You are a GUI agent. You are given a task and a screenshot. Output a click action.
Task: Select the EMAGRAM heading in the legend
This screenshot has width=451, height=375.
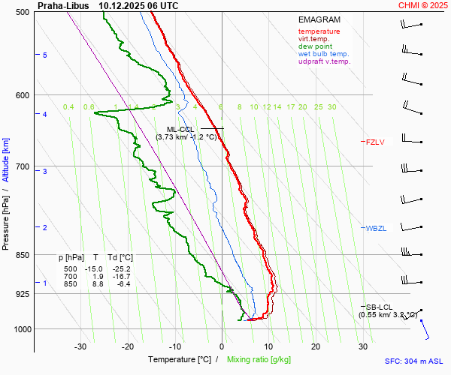[x=319, y=19]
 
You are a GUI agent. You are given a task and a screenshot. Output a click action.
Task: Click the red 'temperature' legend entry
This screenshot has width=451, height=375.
[x=319, y=31]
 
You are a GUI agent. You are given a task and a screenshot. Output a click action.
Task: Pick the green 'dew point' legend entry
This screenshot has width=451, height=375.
[x=314, y=46]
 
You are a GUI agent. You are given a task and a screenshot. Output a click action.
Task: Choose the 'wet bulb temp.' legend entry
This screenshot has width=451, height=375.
[x=323, y=54]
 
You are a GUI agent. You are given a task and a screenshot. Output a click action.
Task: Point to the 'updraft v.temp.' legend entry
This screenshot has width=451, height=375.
[x=324, y=61]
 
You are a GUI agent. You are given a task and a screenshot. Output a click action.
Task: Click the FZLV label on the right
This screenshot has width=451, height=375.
[x=374, y=142]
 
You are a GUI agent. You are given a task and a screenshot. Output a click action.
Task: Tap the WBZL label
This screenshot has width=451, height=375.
[x=375, y=228]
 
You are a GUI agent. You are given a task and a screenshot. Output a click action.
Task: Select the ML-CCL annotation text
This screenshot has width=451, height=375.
[x=180, y=129]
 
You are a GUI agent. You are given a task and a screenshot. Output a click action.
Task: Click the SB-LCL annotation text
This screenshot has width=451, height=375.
[x=379, y=307]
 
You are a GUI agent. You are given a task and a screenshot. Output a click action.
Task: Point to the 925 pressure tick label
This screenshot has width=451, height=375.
[x=21, y=294]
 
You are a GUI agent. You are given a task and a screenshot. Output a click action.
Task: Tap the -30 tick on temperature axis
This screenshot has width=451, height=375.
[x=80, y=346]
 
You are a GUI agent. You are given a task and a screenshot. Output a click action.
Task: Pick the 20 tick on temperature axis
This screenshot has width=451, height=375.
[x=316, y=346]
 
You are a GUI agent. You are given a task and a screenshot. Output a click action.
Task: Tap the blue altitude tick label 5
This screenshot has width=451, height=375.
[x=44, y=55]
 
